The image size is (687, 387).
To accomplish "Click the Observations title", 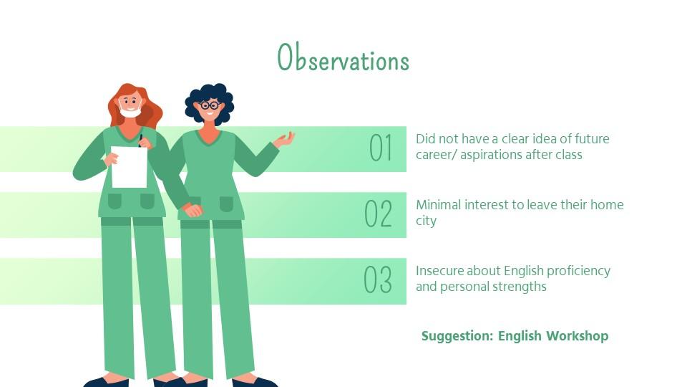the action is point(343,57).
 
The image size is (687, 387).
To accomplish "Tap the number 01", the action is point(380,148).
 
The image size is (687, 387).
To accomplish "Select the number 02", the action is point(379,214).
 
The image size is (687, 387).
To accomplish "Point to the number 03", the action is point(378,279).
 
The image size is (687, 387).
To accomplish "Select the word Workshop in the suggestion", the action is point(577,335).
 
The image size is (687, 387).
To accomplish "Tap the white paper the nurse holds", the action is point(129,167).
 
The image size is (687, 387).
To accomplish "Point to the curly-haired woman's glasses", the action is point(210,105).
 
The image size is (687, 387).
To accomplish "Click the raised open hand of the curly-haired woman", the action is point(284,140).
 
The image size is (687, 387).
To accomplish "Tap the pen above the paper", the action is point(141,140).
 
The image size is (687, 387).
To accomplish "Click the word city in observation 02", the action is point(427,221).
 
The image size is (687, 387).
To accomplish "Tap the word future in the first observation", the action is point(592,138).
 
